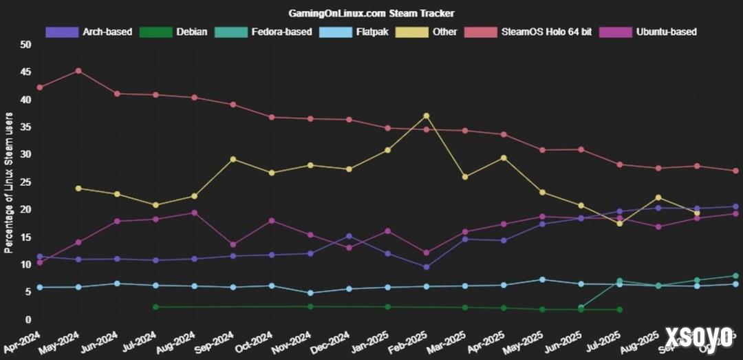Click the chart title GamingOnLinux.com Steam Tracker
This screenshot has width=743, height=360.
click(x=371, y=13)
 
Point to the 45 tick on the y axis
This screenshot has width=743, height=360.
click(x=26, y=72)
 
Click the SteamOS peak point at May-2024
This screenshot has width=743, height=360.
click(x=78, y=71)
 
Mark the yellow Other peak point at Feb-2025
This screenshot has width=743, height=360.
click(x=427, y=116)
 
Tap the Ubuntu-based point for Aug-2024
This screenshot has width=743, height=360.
click(x=195, y=213)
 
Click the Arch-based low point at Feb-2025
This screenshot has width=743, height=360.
click(x=427, y=267)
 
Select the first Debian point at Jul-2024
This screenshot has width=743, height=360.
click(x=156, y=307)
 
